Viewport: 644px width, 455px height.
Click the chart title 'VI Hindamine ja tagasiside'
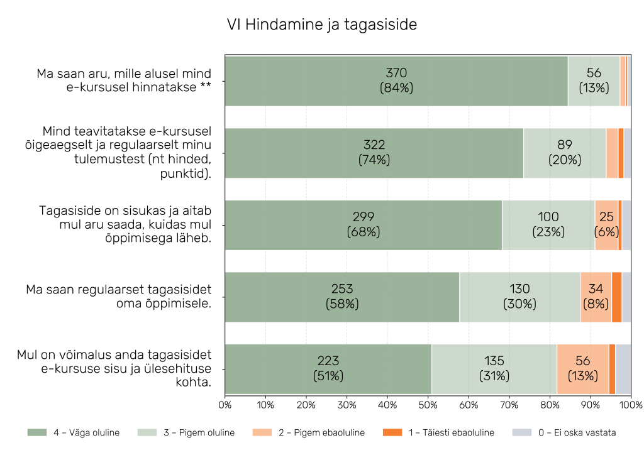pos(321,25)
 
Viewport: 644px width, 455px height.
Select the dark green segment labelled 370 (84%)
pos(396,81)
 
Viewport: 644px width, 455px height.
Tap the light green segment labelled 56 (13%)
pos(594,81)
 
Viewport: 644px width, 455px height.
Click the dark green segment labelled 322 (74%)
pos(374,153)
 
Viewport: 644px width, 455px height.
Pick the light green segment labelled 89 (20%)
pos(565,153)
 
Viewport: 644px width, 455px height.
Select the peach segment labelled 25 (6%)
pos(606,225)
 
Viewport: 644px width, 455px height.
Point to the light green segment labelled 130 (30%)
pos(519,297)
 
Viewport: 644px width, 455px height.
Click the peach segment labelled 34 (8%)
pos(596,297)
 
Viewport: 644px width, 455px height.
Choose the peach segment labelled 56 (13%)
pos(582,369)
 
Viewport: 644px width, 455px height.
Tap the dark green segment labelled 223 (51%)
pos(328,369)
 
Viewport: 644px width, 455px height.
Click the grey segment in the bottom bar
pos(623,369)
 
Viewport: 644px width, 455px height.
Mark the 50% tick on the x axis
pos(428,404)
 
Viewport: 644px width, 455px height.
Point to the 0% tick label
pos(225,404)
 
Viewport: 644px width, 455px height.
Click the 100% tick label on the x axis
pos(630,404)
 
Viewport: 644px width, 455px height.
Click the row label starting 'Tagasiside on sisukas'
pos(125,225)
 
